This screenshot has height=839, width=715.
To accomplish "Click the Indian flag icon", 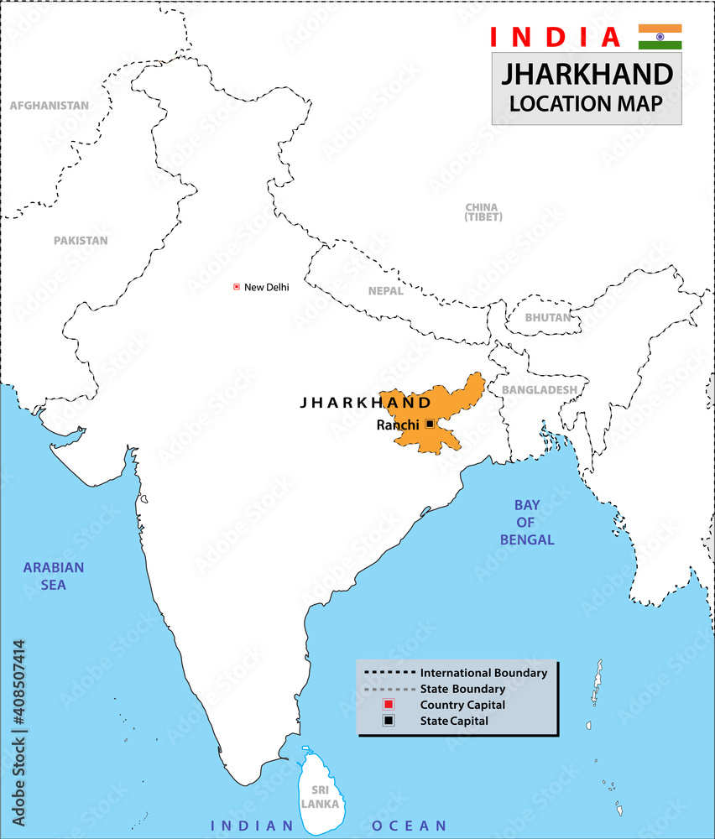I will (660, 37).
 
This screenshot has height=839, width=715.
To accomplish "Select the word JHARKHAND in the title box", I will (587, 75).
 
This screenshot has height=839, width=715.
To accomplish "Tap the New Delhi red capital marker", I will (237, 287).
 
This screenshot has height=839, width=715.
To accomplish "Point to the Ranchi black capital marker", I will (430, 425).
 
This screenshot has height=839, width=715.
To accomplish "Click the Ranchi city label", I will (398, 425).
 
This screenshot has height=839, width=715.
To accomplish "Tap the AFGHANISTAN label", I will (49, 106).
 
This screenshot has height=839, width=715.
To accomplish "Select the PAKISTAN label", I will (81, 240).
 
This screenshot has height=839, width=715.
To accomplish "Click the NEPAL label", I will (385, 291).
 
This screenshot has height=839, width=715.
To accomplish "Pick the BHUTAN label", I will (547, 317).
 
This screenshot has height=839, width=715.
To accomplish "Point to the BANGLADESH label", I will (539, 390).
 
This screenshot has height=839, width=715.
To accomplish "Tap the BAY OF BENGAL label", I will (527, 522).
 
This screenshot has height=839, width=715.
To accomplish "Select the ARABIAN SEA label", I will (54, 576).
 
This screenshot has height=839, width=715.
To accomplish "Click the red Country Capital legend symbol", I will (389, 705).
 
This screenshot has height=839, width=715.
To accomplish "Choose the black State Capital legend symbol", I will (389, 721).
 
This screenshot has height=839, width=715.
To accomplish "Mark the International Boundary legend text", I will (483, 673).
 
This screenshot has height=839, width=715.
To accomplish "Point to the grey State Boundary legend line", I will (390, 689).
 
